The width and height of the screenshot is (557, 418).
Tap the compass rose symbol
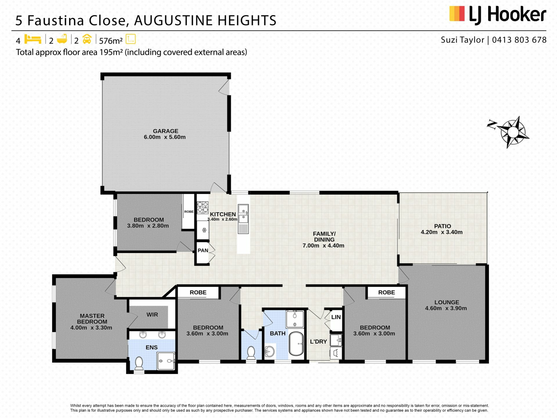(x=513, y=132)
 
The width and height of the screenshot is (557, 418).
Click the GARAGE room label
(x=166, y=131)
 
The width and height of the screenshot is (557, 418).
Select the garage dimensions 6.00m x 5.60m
(x=165, y=137)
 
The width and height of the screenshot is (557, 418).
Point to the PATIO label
(x=442, y=226)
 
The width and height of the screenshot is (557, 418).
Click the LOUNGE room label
(x=447, y=302)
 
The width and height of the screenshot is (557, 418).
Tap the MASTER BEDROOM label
(x=92, y=319)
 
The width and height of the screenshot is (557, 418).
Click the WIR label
(x=152, y=315)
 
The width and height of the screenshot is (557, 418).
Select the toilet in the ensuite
(x=139, y=363)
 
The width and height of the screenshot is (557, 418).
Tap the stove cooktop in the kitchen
(x=202, y=207)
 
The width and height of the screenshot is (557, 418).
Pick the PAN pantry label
(x=203, y=251)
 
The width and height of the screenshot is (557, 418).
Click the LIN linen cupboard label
(x=336, y=317)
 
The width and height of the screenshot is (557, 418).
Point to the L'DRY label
(x=319, y=342)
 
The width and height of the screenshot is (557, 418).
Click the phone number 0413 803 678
(x=519, y=40)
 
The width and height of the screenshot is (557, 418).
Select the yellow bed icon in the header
(x=33, y=39)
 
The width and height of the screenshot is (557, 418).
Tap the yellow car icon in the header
(x=87, y=39)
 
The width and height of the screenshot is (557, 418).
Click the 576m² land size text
(x=111, y=41)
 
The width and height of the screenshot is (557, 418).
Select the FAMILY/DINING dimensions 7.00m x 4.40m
(x=323, y=246)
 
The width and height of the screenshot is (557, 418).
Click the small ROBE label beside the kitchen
(x=189, y=212)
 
